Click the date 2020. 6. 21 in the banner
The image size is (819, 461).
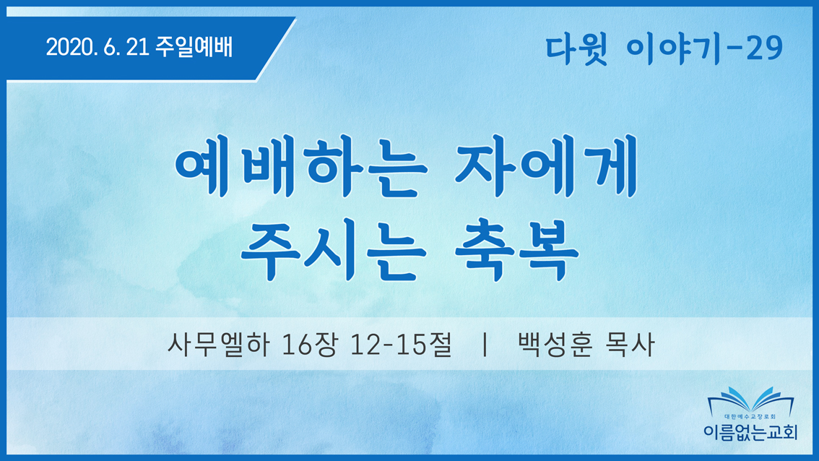[x=97, y=48]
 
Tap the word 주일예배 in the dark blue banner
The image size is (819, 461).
[x=194, y=47]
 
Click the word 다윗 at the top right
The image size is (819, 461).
[x=576, y=49]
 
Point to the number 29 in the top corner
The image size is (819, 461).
[x=763, y=48]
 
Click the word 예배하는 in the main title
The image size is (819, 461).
[x=301, y=165]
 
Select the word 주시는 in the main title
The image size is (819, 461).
[x=333, y=250]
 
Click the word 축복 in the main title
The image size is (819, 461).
[x=516, y=250]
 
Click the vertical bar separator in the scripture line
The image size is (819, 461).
[x=485, y=345]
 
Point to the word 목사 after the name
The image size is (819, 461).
[x=630, y=345]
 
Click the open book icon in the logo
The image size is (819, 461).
[x=750, y=401]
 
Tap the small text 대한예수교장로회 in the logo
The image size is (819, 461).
[x=750, y=417]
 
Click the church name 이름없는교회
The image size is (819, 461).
[x=750, y=431]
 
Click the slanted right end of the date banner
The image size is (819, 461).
[x=276, y=49]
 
